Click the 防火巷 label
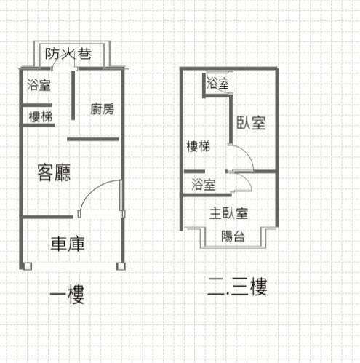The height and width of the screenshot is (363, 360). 68,54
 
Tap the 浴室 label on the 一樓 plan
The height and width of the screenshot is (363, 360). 39,85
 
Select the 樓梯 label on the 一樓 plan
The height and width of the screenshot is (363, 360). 41,116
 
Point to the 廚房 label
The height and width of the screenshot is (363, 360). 102,109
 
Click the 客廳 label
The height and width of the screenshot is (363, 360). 54,172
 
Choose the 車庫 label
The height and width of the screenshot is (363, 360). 68,244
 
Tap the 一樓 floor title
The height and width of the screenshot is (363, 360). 67,294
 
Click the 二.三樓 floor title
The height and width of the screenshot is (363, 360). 238,287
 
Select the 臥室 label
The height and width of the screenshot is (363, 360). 251,123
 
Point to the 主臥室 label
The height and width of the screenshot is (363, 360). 228,214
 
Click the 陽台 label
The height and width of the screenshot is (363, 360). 233,236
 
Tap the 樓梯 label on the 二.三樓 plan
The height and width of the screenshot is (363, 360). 199,146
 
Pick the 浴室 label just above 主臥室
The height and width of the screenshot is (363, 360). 204,184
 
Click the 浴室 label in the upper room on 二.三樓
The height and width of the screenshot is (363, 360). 217,83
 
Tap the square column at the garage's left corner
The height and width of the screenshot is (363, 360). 28,266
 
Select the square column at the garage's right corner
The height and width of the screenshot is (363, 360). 121,266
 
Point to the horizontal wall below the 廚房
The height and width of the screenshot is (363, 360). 93,139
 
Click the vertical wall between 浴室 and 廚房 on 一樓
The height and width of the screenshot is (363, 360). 73,95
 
